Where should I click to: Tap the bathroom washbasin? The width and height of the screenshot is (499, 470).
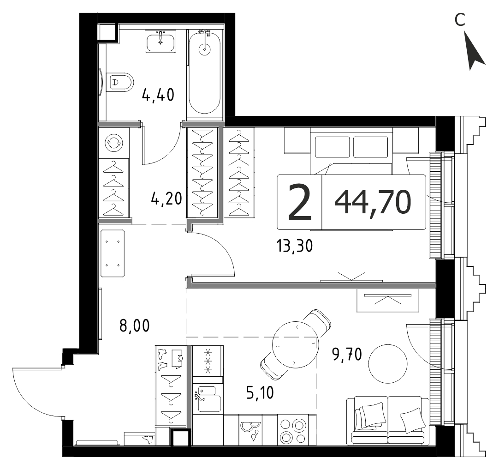point(160,41)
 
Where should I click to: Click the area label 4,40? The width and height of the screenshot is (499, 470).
point(158,95)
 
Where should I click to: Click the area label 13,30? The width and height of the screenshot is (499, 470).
point(294,246)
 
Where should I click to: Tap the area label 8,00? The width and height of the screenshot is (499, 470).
point(134,325)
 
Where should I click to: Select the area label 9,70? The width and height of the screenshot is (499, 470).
point(347,354)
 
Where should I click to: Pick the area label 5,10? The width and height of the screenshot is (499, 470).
point(260,392)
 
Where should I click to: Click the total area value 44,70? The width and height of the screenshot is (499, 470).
point(373,202)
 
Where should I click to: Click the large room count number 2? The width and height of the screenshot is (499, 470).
point(299,203)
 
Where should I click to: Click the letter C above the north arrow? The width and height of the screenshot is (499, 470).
point(460,20)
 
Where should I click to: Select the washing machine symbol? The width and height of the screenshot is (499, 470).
point(113,143)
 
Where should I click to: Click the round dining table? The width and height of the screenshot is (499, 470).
point(296,343)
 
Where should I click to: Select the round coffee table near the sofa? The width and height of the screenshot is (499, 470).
point(388,363)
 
